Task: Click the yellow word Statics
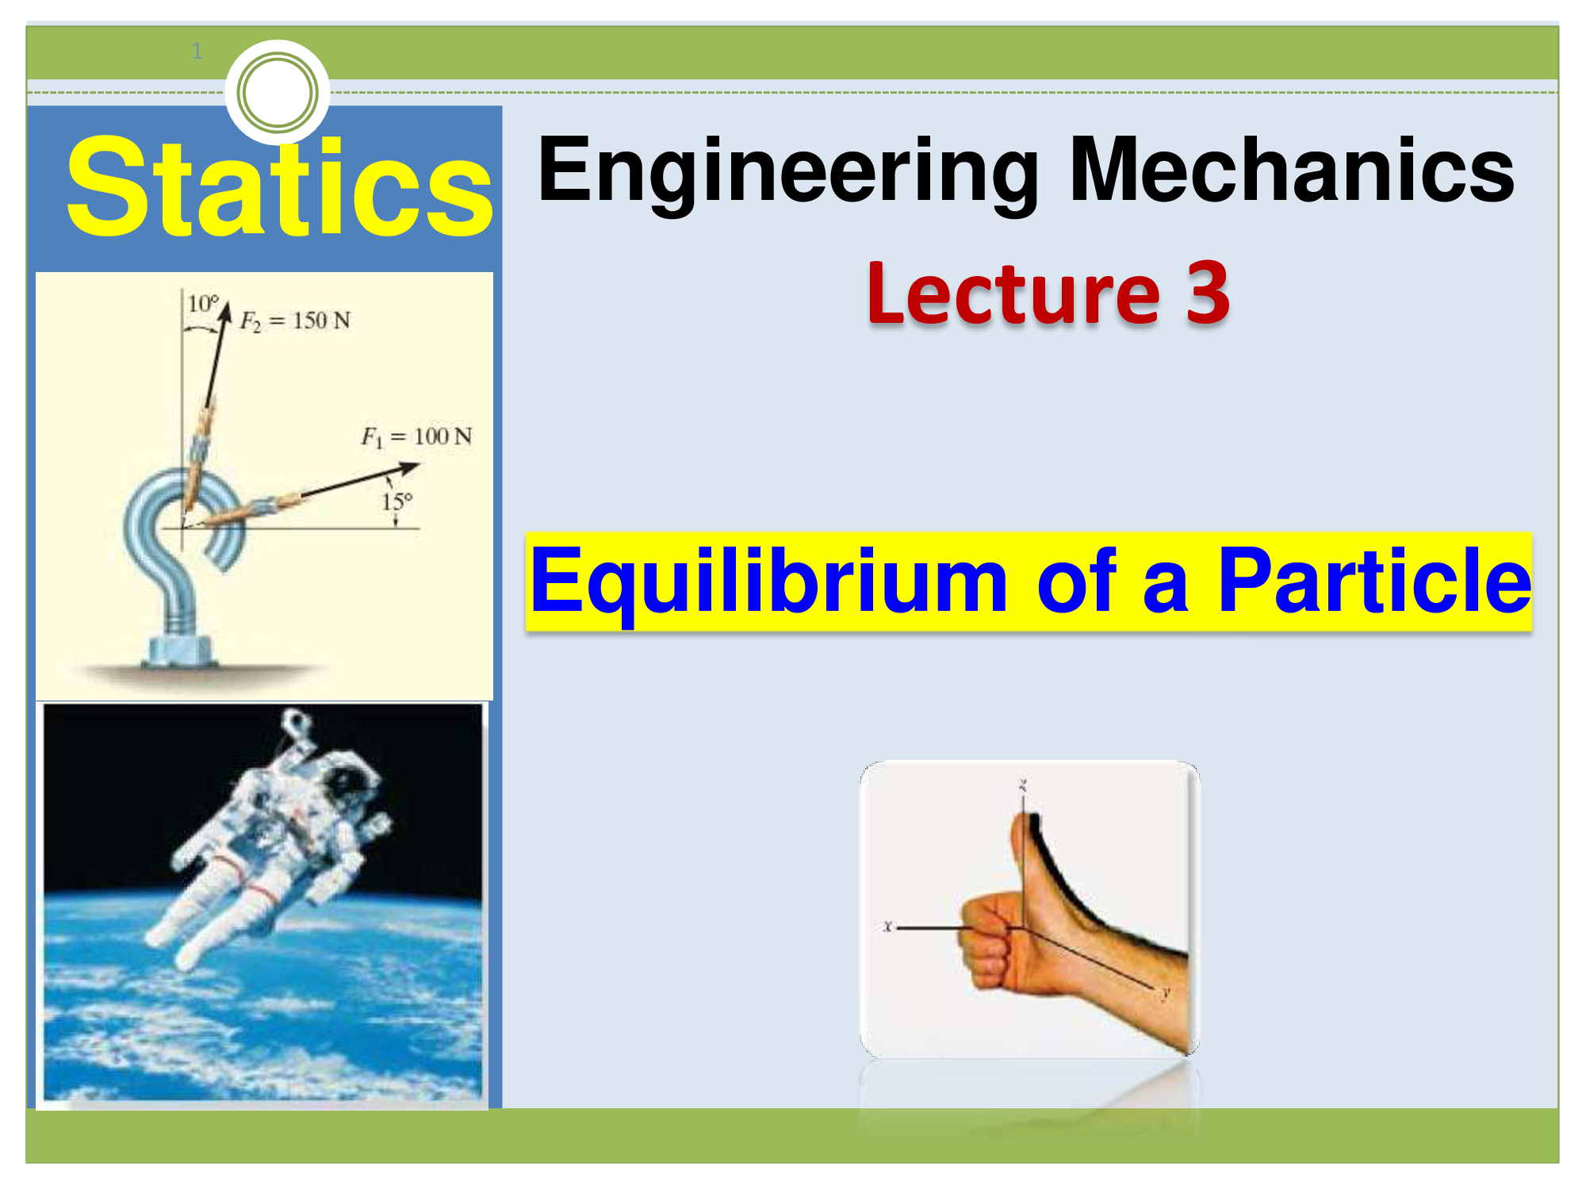point(279,189)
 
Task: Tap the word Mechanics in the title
point(1292,170)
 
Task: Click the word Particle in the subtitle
point(1373,582)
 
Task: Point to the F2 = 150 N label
point(295,321)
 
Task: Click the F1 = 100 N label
point(416,436)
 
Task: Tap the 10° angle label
point(202,304)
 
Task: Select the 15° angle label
point(396,502)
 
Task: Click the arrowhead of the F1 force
point(411,468)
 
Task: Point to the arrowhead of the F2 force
point(225,311)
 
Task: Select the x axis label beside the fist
point(887,926)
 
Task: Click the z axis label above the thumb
point(1023,785)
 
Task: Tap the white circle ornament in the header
point(278,92)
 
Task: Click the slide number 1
point(197,52)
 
